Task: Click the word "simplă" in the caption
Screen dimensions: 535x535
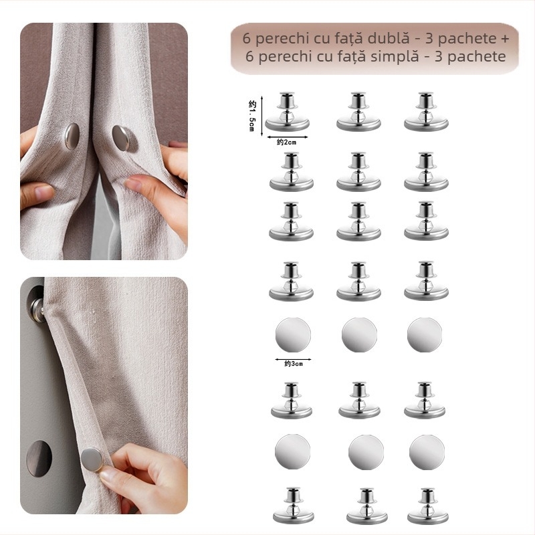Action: (391, 56)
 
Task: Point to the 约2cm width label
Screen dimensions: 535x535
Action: (288, 141)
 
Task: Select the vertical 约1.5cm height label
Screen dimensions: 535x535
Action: (252, 114)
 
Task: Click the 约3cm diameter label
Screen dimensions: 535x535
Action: (293, 364)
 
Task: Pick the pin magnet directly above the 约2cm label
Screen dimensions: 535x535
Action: (288, 113)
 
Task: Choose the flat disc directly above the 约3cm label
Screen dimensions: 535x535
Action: (293, 334)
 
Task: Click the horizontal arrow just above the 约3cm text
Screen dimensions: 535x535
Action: (293, 358)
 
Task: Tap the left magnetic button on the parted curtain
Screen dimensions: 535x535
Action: (71, 136)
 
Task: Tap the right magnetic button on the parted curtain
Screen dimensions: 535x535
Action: (124, 139)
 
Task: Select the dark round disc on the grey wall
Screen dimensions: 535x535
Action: (39, 458)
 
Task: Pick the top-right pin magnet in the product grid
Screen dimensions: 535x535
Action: (426, 113)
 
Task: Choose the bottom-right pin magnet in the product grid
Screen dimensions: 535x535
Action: (426, 507)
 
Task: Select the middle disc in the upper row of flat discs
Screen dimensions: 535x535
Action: (359, 334)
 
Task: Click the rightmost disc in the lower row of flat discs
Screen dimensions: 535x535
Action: (427, 452)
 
